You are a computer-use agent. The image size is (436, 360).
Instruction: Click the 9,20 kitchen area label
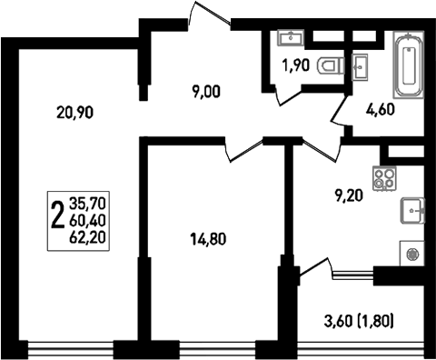(x=349, y=193)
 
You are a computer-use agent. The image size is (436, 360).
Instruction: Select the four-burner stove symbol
(x=384, y=177)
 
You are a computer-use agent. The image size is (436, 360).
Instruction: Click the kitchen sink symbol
(x=413, y=210)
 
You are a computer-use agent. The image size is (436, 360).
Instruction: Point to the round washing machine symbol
(x=413, y=256)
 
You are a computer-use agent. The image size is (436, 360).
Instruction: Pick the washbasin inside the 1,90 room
(x=293, y=37)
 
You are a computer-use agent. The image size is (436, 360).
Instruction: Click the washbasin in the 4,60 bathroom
(x=362, y=65)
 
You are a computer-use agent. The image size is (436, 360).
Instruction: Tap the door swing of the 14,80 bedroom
(x=243, y=149)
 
